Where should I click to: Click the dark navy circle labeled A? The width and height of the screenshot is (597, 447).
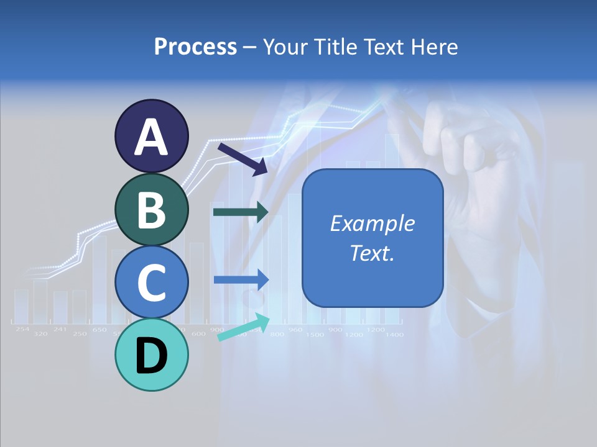point(151,136)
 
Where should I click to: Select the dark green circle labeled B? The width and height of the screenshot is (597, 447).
point(151,209)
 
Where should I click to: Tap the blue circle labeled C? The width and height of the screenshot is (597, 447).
point(151,282)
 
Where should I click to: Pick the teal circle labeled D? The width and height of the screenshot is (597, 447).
point(151,354)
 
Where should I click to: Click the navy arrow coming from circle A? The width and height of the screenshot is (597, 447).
point(243,158)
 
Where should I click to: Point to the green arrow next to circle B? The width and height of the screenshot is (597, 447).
point(241,212)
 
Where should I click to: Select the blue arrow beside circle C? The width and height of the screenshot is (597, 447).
point(241,280)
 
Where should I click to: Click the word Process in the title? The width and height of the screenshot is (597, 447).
point(195,47)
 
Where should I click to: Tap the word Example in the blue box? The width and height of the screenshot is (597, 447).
point(372,223)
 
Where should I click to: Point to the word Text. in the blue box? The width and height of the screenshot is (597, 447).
point(372,253)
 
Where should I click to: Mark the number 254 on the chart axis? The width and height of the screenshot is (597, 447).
point(22,329)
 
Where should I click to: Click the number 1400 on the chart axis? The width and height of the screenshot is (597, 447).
point(394,335)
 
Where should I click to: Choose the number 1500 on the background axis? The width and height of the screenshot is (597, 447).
point(315,335)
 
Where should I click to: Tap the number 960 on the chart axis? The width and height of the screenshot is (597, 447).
point(295,329)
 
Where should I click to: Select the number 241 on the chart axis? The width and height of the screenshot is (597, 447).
point(60,329)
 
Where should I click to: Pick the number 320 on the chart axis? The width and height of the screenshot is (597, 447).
point(40,334)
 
